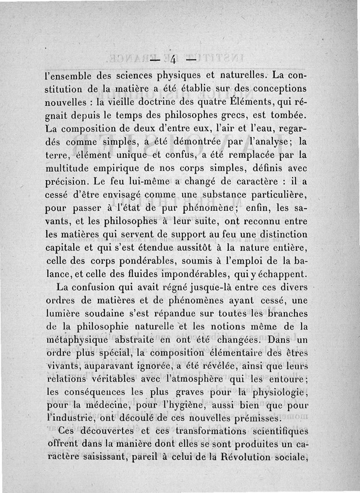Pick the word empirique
(118, 169)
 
